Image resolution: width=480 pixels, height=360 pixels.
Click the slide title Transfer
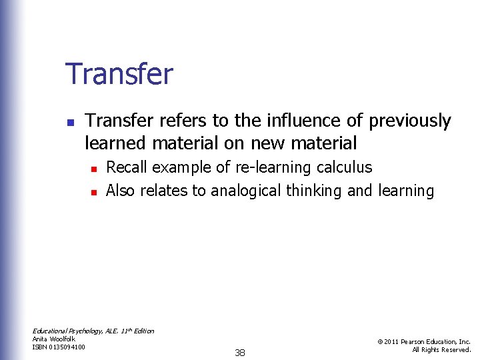point(119,74)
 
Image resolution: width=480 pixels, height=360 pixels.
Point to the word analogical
point(246,191)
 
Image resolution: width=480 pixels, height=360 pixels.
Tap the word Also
point(121,191)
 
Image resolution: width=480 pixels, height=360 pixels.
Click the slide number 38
point(240,353)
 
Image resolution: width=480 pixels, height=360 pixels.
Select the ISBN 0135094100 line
point(59,347)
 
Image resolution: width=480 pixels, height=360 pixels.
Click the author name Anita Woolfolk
point(54,339)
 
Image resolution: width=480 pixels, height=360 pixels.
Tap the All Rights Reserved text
point(441,349)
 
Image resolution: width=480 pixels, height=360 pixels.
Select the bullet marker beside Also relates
point(95,193)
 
